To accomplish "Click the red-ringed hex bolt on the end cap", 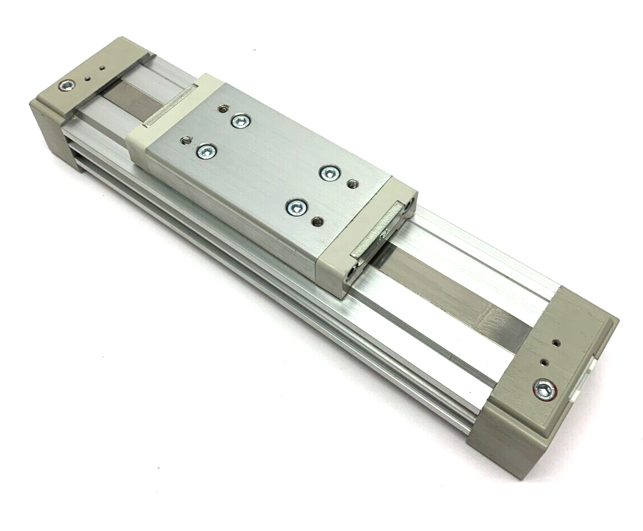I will click(x=544, y=389).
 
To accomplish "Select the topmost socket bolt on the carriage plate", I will click(x=240, y=120).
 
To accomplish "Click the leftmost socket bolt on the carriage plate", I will click(x=206, y=151).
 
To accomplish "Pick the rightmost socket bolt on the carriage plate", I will click(x=330, y=172).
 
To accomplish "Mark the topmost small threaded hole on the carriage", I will click(x=224, y=108).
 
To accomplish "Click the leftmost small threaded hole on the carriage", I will click(x=183, y=140).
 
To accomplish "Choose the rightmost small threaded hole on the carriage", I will click(x=353, y=183).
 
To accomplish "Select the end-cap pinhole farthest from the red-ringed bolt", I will click(x=557, y=342).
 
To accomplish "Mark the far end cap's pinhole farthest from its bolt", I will click(x=102, y=68).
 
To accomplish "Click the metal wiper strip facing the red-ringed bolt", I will click(x=375, y=234).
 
